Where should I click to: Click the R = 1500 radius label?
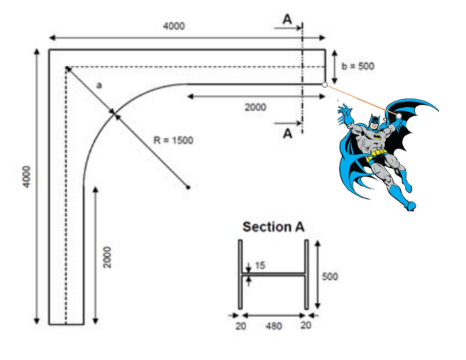173,140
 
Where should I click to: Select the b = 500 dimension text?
357,66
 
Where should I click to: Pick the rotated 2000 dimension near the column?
107,257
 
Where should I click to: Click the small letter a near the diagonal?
99,86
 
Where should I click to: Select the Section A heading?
274,227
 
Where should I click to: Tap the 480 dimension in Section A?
274,326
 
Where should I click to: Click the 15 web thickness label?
260,265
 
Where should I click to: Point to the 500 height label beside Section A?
331,276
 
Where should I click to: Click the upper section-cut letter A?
287,20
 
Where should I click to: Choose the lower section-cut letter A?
287,134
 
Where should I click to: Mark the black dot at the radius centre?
188,187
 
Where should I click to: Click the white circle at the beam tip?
325,85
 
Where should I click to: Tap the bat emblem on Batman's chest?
377,137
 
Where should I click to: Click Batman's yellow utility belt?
375,155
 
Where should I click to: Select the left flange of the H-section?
240,274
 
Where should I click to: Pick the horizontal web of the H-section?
273,274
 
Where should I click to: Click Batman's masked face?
375,122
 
